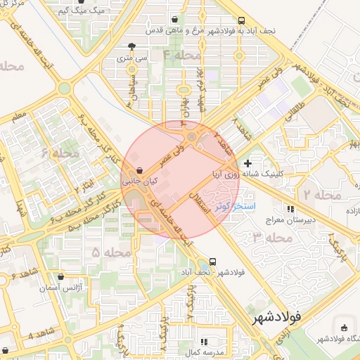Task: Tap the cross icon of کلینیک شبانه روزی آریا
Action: (247, 163)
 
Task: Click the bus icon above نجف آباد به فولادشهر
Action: (241, 21)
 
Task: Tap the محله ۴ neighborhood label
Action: (181, 54)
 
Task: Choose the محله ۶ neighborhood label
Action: (60, 153)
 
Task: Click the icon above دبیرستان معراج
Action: (290, 209)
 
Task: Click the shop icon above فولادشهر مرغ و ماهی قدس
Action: (175, 21)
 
